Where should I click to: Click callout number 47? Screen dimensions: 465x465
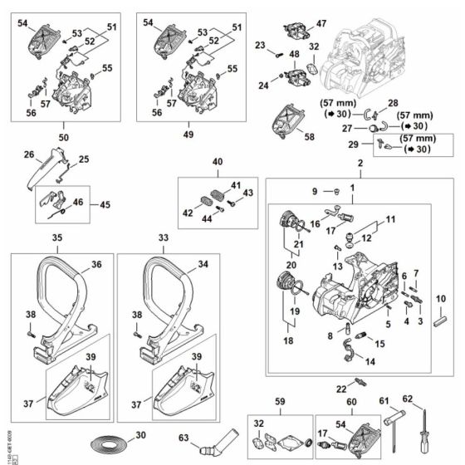coord(322,24)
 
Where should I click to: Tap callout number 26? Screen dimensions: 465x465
coord(27,154)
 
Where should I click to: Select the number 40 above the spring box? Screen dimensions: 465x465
coord(218,162)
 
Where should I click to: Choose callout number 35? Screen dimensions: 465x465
coord(56,237)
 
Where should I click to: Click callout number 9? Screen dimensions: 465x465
coord(315,192)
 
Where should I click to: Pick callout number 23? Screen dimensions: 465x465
coord(260,45)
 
